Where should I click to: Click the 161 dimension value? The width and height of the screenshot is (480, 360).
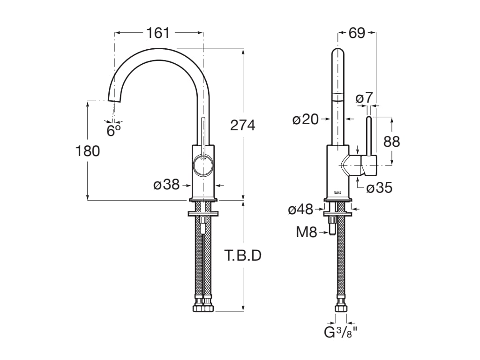click(158, 33)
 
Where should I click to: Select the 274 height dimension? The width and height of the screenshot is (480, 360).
click(242, 125)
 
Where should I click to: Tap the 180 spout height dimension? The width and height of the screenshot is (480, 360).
click(88, 151)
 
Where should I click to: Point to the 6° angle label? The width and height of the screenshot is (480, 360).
click(113, 130)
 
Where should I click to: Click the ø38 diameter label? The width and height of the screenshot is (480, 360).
click(167, 185)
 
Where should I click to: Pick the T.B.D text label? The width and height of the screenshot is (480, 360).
click(242, 256)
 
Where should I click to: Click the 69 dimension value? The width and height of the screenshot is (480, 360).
click(357, 33)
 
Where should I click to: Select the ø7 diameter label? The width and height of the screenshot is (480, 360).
click(364, 98)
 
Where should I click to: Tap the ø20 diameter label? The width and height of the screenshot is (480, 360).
click(306, 120)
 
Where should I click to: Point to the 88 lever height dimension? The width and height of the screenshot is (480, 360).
click(392, 141)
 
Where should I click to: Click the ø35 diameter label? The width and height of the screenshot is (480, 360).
click(379, 188)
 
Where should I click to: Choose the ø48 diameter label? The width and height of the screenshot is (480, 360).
click(300, 210)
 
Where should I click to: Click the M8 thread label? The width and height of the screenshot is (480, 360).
click(307, 232)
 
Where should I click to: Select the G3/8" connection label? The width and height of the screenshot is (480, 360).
click(341, 333)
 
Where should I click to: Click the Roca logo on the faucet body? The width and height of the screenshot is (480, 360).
click(337, 192)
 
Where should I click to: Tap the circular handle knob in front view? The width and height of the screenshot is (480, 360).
click(203, 166)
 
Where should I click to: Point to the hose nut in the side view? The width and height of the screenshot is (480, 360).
click(341, 308)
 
